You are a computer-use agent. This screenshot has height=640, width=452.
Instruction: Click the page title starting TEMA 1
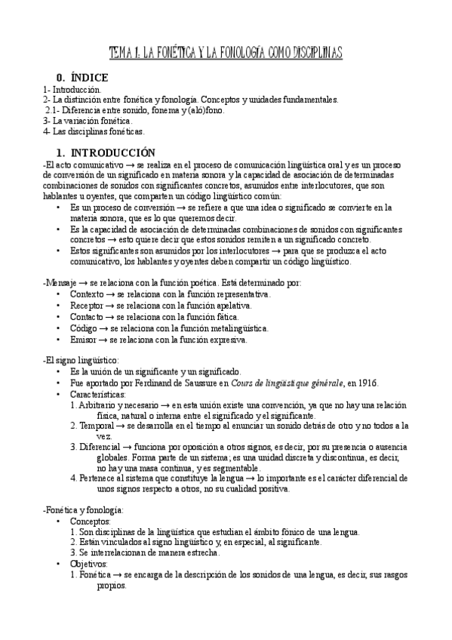coord(226,52)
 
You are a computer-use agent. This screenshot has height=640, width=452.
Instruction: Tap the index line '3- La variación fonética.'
coord(88,120)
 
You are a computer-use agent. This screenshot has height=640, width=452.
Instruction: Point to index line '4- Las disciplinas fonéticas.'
coord(94,131)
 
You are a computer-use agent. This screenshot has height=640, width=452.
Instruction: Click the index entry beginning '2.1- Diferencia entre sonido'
coord(134,109)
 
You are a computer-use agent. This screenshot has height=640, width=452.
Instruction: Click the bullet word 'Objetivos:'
coord(89,564)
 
